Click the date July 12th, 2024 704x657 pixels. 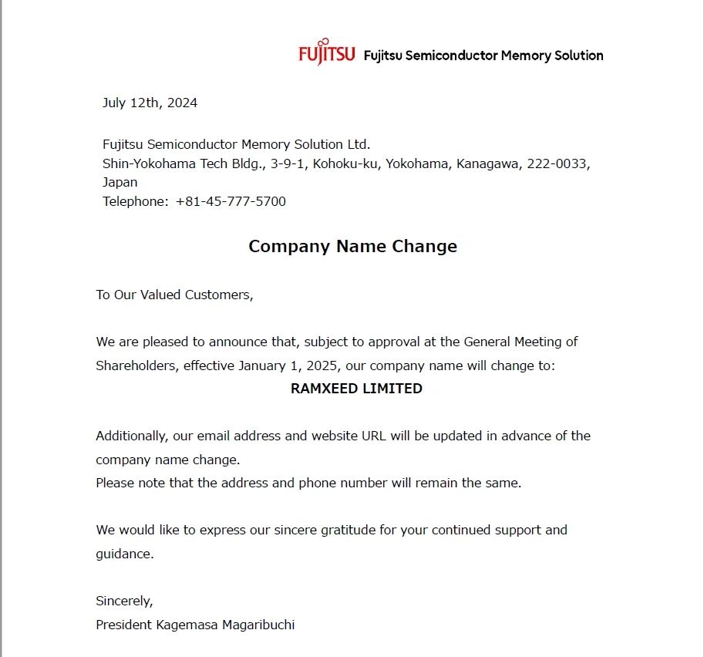pyautogui.click(x=150, y=103)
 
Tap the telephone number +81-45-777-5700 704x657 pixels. pyautogui.click(x=231, y=202)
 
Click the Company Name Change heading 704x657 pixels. pyautogui.click(x=352, y=246)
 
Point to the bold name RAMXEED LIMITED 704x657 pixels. pyautogui.click(x=356, y=389)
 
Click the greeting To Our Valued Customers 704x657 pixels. pyautogui.click(x=174, y=295)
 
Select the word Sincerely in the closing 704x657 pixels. pyautogui.click(x=124, y=601)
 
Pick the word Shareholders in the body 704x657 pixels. pyautogui.click(x=136, y=366)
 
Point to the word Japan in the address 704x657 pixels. pyautogui.click(x=120, y=183)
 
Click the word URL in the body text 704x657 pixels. pyautogui.click(x=374, y=436)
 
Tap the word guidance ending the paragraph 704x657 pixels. pyautogui.click(x=123, y=554)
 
